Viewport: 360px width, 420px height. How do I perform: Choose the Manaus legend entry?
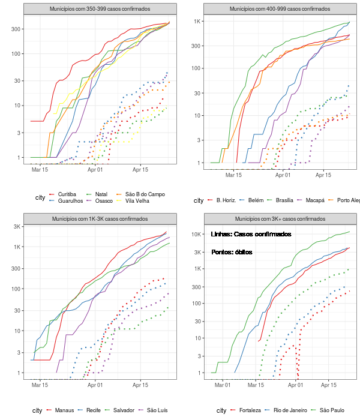tap(64, 410)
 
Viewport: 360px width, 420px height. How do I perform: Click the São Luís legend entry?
tap(159, 410)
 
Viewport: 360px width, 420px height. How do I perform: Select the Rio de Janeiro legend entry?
tap(291, 410)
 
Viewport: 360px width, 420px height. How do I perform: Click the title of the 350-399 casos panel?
tap(100, 10)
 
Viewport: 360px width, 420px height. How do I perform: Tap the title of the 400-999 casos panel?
tap(280, 10)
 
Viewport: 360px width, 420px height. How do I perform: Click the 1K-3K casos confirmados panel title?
tap(100, 219)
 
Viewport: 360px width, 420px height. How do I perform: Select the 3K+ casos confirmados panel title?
tap(280, 219)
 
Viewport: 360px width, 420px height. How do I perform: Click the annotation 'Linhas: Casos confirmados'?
tap(251, 234)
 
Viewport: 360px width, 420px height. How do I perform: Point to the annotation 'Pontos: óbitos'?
tap(232, 253)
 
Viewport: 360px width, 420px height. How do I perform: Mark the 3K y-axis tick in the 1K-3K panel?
tap(18, 226)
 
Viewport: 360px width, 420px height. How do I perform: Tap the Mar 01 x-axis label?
tap(223, 384)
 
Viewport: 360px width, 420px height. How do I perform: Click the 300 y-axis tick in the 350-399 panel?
tap(17, 29)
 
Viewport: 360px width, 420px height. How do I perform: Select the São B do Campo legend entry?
tap(144, 194)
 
